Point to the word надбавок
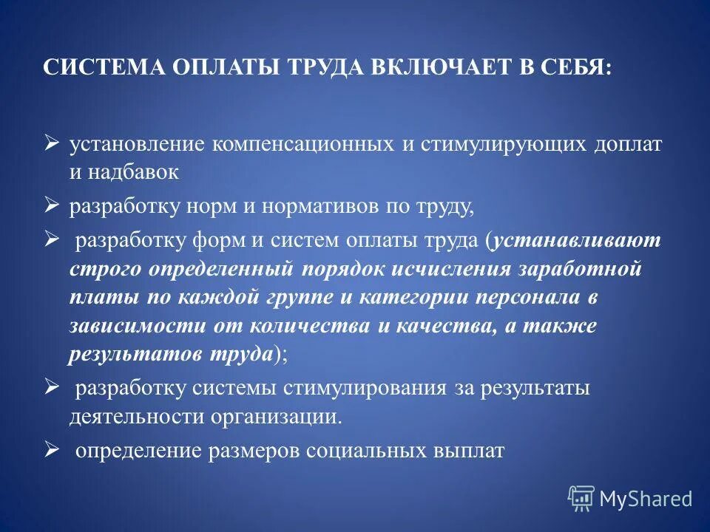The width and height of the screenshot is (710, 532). (x=135, y=174)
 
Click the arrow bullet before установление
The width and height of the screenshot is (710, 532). (x=51, y=143)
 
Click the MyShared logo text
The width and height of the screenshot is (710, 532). (x=646, y=499)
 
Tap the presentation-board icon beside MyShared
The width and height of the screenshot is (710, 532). (x=581, y=499)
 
